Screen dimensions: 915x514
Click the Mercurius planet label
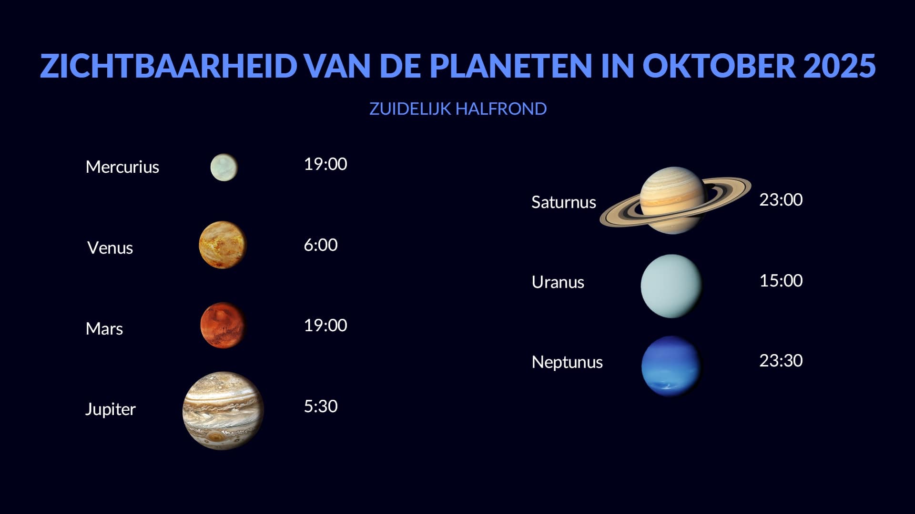pyautogui.click(x=122, y=167)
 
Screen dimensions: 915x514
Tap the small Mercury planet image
pyautogui.click(x=224, y=167)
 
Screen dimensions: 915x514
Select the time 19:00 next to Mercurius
pyautogui.click(x=325, y=164)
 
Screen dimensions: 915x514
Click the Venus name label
pyautogui.click(x=110, y=248)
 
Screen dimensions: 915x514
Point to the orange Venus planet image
pyautogui.click(x=223, y=245)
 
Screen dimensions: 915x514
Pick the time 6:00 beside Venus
pyautogui.click(x=321, y=245)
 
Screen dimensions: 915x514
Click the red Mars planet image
pyautogui.click(x=223, y=326)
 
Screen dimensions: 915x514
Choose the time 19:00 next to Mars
pyautogui.click(x=325, y=326)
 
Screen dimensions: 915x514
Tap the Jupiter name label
pyautogui.click(x=110, y=409)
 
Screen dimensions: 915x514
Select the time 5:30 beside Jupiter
pyautogui.click(x=321, y=406)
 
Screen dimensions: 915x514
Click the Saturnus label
pyautogui.click(x=564, y=202)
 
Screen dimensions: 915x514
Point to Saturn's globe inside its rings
pyautogui.click(x=672, y=200)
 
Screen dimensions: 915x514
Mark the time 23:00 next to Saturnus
pyautogui.click(x=781, y=200)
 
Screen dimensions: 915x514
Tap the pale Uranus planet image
pyautogui.click(x=672, y=286)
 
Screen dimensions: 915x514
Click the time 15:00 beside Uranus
pyautogui.click(x=781, y=281)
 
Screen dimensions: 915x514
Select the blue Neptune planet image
pyautogui.click(x=671, y=366)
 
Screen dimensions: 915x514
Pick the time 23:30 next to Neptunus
pyautogui.click(x=781, y=361)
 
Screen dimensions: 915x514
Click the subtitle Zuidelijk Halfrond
pyautogui.click(x=458, y=109)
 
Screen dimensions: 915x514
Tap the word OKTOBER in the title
pyautogui.click(x=719, y=66)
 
